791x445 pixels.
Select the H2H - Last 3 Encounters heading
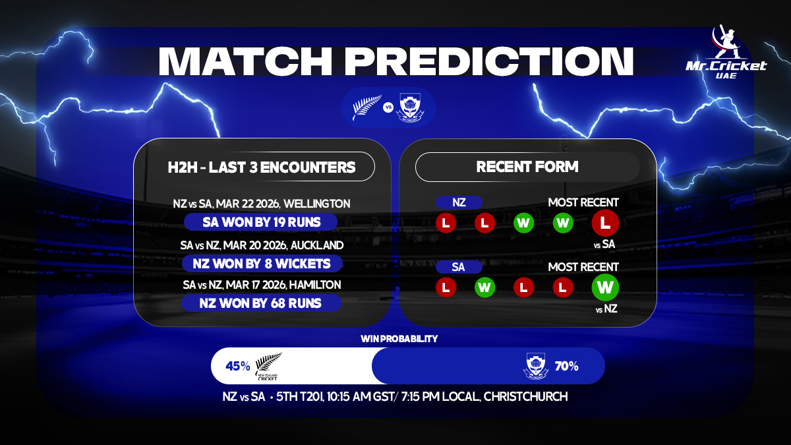262,167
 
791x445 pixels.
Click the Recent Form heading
527,167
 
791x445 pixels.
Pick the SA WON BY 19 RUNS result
262,222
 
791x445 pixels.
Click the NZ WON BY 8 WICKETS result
262,264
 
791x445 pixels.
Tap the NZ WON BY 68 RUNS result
262,303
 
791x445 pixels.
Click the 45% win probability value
238,366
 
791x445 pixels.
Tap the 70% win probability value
566,366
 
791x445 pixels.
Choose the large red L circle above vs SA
605,223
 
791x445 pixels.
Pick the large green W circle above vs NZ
605,287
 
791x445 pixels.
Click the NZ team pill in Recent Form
459,203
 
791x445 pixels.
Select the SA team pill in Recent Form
459,267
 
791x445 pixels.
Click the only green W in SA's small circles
484,287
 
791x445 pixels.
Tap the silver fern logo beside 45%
268,367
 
